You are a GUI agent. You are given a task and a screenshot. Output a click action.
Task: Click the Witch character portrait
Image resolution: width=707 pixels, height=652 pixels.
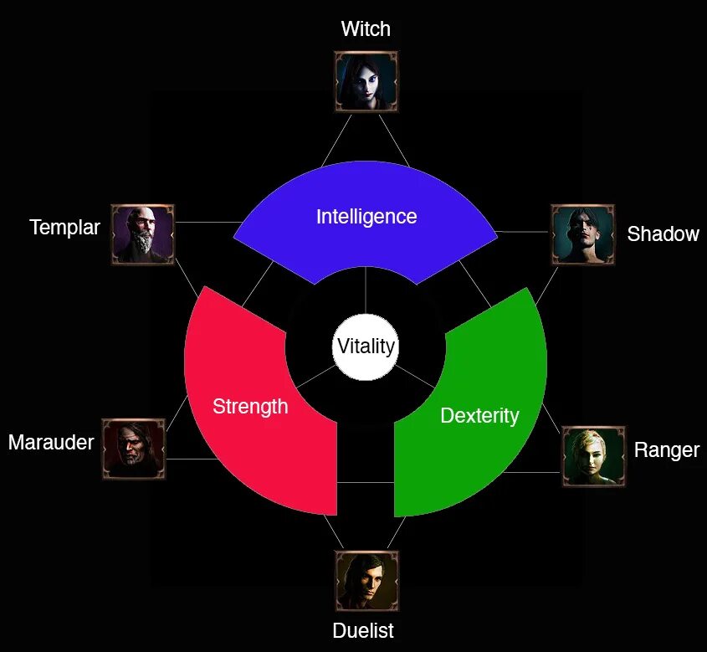[x=366, y=81]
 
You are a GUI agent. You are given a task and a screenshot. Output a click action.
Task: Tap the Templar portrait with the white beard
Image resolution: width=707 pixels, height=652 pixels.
[x=143, y=234]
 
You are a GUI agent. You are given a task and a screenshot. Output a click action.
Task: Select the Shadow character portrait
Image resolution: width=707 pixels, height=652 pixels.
[x=583, y=234]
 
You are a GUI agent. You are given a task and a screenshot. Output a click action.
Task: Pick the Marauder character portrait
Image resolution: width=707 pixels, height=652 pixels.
[x=133, y=449]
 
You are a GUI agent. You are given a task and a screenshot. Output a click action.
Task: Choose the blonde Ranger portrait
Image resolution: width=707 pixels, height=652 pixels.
[x=593, y=457]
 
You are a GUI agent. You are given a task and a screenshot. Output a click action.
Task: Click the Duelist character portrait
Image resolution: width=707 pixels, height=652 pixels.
[x=367, y=581]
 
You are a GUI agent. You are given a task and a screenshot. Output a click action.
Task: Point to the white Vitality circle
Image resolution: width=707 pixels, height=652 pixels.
[x=366, y=347]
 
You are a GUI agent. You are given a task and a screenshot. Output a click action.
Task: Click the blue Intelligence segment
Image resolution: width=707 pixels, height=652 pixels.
[x=366, y=243]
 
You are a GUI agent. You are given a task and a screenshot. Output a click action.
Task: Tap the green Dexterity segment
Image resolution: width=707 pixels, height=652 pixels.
[x=485, y=444]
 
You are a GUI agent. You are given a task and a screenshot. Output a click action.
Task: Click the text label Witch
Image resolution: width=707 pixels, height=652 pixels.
[x=366, y=29]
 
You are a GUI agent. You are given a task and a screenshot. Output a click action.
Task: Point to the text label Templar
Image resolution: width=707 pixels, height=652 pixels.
[x=64, y=227]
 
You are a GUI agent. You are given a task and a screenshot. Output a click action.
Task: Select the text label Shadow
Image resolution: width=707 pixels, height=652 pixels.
[x=663, y=234]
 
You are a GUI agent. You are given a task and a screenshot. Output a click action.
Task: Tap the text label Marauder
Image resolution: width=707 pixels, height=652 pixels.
[x=51, y=442]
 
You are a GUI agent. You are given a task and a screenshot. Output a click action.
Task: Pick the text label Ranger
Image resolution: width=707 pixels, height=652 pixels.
[x=666, y=450]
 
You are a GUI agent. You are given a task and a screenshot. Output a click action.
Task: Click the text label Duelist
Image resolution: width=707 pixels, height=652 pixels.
[x=363, y=630]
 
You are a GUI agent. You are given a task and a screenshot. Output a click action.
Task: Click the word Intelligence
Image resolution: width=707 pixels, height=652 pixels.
[x=366, y=217]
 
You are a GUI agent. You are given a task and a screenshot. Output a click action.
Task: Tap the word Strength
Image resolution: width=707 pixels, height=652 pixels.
[x=250, y=407]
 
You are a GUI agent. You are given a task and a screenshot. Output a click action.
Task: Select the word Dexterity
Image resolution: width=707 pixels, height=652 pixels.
[x=479, y=415]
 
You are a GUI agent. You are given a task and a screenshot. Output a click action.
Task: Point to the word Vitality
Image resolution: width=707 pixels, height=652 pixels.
[x=366, y=347]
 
